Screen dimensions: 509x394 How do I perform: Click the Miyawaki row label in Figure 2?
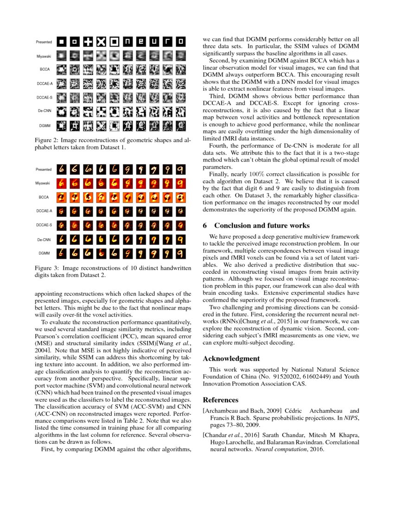tap(44, 56)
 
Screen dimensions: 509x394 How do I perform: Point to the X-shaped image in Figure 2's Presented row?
tap(101, 42)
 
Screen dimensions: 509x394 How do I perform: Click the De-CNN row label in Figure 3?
tap(44, 240)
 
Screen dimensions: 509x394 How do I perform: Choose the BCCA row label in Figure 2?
tap(44, 69)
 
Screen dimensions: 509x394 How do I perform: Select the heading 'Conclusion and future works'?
tap(261, 226)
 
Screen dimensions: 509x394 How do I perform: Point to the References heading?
tap(221, 399)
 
